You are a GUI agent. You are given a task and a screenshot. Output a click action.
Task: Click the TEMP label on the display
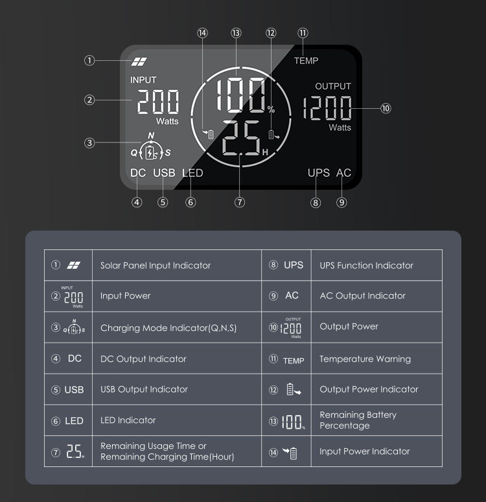(306, 60)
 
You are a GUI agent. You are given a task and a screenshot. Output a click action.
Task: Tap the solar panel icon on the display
(139, 62)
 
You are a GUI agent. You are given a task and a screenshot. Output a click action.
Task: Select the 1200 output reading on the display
(327, 108)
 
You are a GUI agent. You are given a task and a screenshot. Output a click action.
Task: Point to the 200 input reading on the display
(158, 102)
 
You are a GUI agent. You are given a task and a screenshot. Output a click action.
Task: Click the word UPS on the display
(318, 173)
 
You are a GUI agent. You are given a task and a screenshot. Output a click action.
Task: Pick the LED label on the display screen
(192, 173)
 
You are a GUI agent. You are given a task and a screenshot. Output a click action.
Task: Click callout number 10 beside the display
(386, 108)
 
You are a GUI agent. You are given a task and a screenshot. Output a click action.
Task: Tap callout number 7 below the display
(239, 202)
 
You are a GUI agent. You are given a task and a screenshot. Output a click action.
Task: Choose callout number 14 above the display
(202, 32)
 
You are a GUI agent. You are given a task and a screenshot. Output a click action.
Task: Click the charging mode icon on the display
(150, 148)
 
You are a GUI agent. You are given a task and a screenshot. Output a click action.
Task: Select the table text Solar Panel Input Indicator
(156, 266)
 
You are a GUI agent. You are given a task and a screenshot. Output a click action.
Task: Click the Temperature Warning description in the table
(365, 359)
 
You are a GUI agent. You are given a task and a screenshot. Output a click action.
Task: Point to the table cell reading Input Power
(125, 296)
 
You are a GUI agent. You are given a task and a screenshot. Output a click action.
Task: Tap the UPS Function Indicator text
(366, 266)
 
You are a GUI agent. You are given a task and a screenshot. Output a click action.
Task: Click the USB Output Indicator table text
(144, 389)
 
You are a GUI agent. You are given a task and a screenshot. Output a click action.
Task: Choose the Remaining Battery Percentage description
(358, 420)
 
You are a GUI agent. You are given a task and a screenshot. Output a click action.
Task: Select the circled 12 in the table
(273, 390)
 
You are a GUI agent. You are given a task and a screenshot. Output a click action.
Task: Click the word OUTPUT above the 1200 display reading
(333, 86)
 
